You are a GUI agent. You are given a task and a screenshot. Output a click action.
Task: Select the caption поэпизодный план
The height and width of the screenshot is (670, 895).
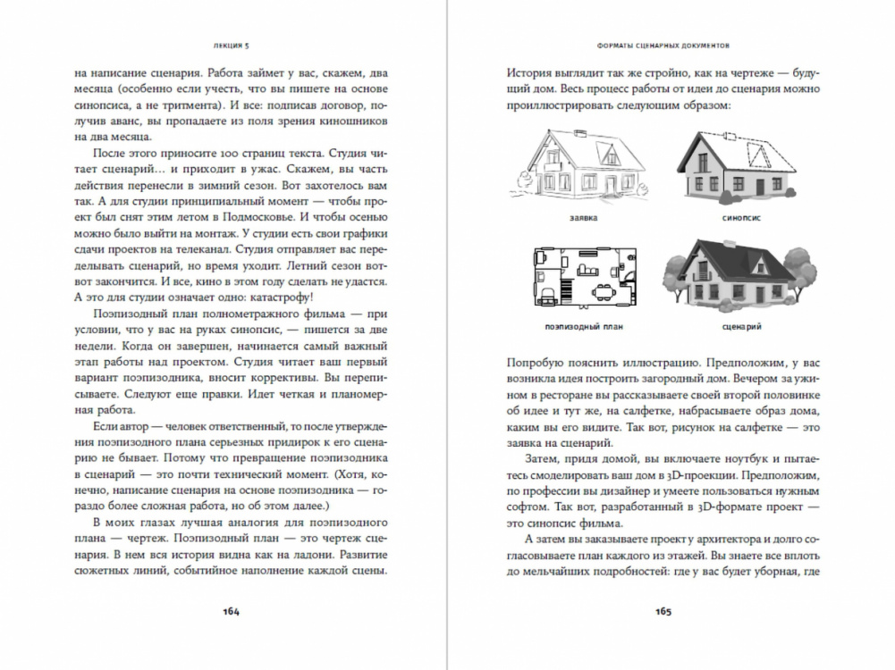[x=583, y=328]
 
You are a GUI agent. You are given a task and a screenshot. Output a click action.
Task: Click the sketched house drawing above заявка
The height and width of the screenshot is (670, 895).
[x=583, y=166]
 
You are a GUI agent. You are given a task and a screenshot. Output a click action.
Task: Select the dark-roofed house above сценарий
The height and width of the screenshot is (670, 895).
[x=737, y=272]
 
